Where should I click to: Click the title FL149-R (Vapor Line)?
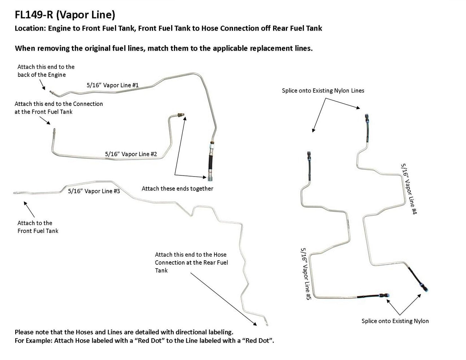pos(65,15)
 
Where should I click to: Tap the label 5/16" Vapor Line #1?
pos(112,85)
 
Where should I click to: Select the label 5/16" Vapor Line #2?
pos(131,154)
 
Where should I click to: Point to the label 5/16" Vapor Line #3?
pos(94,191)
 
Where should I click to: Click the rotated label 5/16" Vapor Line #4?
pos(408,189)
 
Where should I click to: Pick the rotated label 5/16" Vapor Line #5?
pos(305,274)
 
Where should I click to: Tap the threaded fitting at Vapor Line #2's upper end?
pos(181,115)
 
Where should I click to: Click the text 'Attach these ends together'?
pos(177,189)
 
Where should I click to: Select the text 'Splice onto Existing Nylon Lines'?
pos(323,90)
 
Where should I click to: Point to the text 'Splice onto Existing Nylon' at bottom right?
pos(395,321)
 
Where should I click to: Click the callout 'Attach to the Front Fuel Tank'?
pos(38,227)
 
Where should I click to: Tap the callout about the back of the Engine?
pos(46,71)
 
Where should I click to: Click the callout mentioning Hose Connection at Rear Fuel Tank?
pos(191,262)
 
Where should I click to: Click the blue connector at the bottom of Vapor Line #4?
pos(425,288)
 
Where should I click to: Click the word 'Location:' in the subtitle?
pos(30,28)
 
